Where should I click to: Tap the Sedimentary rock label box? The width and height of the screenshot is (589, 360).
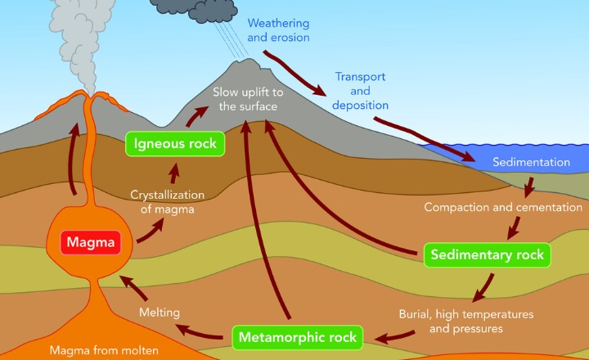(x=488, y=255)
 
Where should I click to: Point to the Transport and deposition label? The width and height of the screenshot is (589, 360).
(x=361, y=91)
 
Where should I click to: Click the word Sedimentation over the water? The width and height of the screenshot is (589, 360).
(x=531, y=162)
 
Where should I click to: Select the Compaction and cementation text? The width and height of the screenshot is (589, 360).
(x=503, y=207)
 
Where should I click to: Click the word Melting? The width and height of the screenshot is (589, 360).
(x=159, y=312)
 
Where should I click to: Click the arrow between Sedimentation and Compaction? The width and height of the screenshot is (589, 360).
(x=530, y=186)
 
